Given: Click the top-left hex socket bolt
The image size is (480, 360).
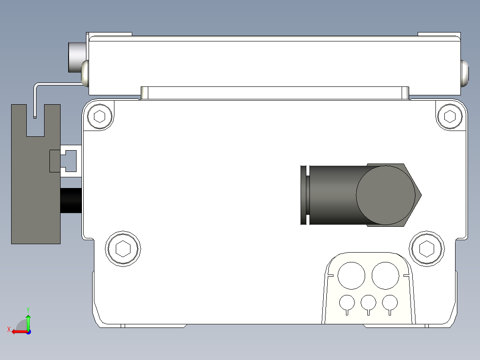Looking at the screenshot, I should pos(100,117).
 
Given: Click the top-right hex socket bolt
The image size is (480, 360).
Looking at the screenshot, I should pos(450,116).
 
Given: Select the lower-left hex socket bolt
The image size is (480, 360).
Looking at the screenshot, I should pos(122,248).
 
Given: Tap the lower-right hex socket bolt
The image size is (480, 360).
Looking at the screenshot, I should pos(427,248).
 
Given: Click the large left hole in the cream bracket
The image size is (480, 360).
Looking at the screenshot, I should pos(351,275).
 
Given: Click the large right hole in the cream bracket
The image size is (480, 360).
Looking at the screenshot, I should pos(385,275).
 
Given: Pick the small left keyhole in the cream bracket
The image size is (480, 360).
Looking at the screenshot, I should pos(347,303).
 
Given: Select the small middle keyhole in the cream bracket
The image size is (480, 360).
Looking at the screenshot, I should pos(368,303).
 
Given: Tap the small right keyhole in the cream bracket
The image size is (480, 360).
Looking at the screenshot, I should pos(390,303).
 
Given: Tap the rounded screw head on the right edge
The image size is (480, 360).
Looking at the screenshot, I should pos(465,74).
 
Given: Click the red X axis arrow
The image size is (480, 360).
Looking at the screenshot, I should pos(18,331).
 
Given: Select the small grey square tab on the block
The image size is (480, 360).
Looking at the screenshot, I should pos(53,161).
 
